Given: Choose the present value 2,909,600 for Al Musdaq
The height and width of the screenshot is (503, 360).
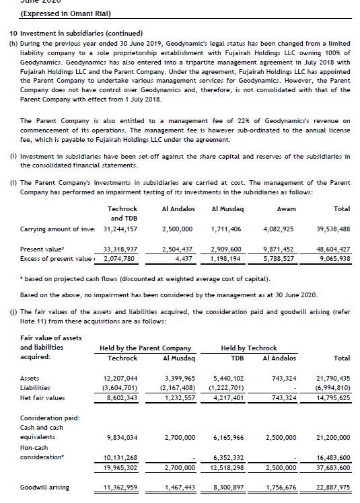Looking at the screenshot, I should (x=226, y=249).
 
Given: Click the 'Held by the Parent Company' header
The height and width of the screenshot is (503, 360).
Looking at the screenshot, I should (x=145, y=348).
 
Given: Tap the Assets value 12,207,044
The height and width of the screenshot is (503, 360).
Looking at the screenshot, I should (x=120, y=379).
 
